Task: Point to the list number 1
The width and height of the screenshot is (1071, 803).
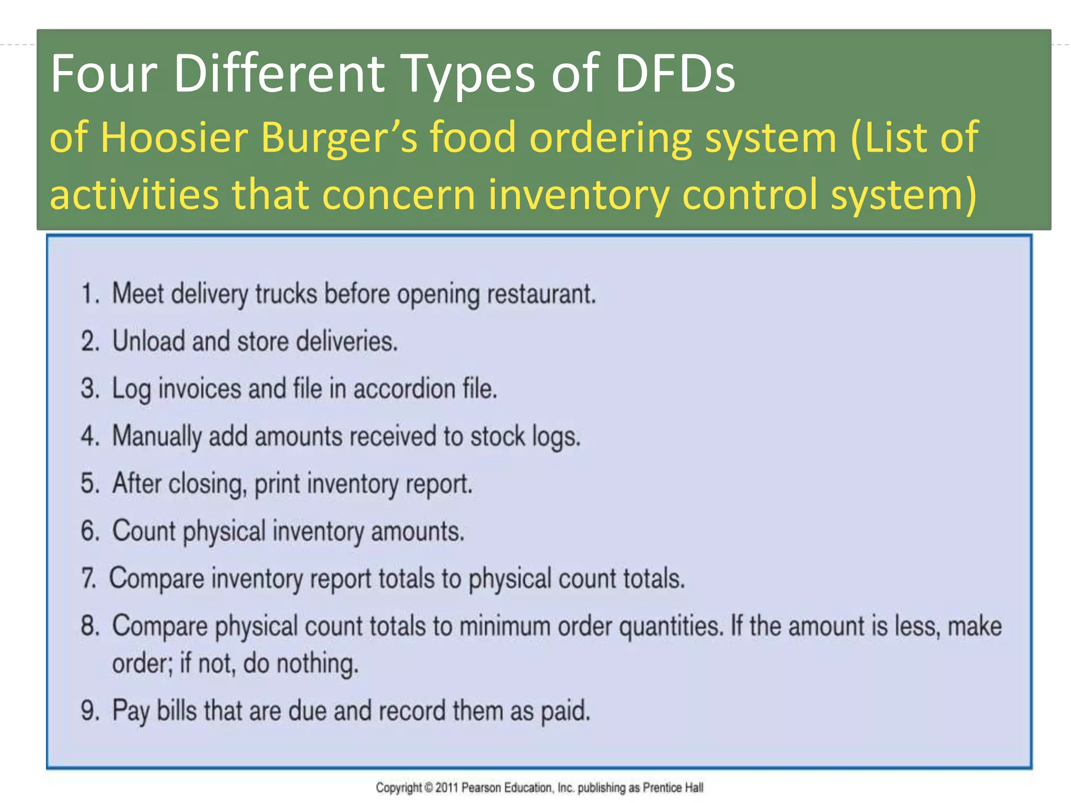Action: [x=89, y=293]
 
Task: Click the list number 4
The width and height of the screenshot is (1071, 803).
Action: [x=89, y=436]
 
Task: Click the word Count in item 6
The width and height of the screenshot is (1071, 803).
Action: [x=144, y=531]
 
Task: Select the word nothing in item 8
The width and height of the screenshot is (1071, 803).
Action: [x=317, y=664]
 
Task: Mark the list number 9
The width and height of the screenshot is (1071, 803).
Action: [x=89, y=711]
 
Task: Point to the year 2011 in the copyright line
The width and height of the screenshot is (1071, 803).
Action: [x=447, y=787]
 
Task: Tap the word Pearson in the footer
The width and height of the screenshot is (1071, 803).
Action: [x=481, y=787]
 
